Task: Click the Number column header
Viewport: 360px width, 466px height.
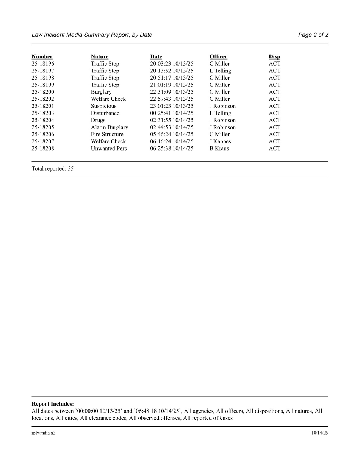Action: pyautogui.click(x=42, y=57)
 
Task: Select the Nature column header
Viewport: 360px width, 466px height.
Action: pyautogui.click(x=100, y=57)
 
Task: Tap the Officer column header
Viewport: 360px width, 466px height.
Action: pyautogui.click(x=218, y=57)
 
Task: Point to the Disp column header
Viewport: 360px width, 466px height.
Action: pyautogui.click(x=274, y=57)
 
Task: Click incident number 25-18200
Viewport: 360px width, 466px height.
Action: pyautogui.click(x=43, y=92)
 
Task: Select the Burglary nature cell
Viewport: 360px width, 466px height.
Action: pyautogui.click(x=101, y=92)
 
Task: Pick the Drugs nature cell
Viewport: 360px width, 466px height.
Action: pyautogui.click(x=98, y=120)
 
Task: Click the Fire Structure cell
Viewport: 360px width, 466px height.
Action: pyautogui.click(x=107, y=134)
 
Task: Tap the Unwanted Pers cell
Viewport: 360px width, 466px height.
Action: pyautogui.click(x=109, y=149)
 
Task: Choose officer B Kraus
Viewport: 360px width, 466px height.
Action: pyautogui.click(x=219, y=149)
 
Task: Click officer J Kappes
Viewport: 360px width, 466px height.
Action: pyautogui.click(x=220, y=141)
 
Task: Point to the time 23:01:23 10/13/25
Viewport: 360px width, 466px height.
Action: pyautogui.click(x=172, y=106)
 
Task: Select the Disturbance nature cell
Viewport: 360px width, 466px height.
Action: pyautogui.click(x=105, y=113)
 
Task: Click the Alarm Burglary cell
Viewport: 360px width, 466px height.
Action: pyautogui.click(x=110, y=127)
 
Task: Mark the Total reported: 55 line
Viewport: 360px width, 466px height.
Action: pyautogui.click(x=53, y=169)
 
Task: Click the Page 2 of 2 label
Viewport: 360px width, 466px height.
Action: pyautogui.click(x=313, y=35)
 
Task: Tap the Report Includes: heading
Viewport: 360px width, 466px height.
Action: pyautogui.click(x=53, y=404)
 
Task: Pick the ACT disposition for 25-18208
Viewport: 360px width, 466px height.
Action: pyautogui.click(x=275, y=149)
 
